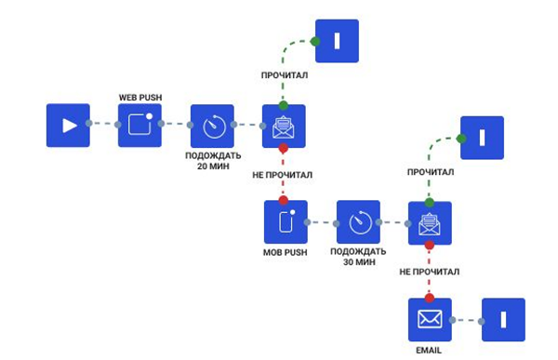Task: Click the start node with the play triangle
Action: click(68, 125)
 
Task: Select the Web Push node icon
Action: click(139, 125)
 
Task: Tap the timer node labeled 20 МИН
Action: click(212, 126)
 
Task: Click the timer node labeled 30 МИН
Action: click(358, 222)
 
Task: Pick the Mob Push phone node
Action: click(286, 222)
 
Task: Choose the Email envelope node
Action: click(430, 320)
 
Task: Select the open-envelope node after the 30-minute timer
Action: click(430, 223)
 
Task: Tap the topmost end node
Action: click(337, 41)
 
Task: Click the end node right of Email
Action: click(503, 320)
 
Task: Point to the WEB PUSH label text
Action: click(139, 97)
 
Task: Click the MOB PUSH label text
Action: click(286, 253)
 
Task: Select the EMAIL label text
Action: click(430, 351)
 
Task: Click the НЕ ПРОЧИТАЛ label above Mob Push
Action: click(283, 174)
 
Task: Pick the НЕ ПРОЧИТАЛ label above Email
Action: click(430, 272)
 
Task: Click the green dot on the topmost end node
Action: click(315, 42)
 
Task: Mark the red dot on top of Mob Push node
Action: click(284, 201)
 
